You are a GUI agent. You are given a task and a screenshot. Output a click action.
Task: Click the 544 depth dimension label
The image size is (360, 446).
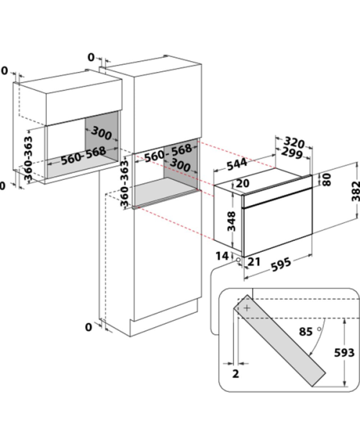coord(237,164)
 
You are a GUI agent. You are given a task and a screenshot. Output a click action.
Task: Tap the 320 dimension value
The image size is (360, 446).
coord(294,142)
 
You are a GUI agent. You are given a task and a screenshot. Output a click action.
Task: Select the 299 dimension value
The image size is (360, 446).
coord(292,153)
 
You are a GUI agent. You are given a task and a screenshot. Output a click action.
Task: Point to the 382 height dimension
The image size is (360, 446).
coord(356,191)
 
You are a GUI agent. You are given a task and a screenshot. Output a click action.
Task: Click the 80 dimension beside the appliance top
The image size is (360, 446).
coord(328,180)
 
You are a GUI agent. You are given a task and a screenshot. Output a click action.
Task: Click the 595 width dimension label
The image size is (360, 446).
coord(281,264)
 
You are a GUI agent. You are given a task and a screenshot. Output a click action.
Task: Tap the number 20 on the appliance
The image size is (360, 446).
coord(243,183)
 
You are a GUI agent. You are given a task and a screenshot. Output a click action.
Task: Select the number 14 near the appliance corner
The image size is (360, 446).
coord(222,256)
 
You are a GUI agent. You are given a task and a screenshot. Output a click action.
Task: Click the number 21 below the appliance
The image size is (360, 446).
coord(254,261)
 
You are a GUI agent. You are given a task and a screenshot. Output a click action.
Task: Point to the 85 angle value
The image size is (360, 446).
coord(306,332)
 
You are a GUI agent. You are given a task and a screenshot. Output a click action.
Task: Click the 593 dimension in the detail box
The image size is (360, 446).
coord(344,352)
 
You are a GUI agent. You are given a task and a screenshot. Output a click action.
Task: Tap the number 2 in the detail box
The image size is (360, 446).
coord(235,373)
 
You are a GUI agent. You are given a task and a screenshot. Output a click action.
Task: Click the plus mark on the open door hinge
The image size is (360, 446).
coord(247,308)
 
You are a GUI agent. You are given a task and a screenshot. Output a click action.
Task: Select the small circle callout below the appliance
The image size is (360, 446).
coord(238,260)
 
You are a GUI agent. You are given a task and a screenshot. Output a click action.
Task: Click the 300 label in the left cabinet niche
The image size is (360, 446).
coord(102,133)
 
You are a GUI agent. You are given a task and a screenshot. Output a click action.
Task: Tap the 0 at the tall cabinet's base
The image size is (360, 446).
coord(89,327)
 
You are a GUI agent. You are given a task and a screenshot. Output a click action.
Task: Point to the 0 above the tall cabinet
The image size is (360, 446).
coord(91,58)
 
